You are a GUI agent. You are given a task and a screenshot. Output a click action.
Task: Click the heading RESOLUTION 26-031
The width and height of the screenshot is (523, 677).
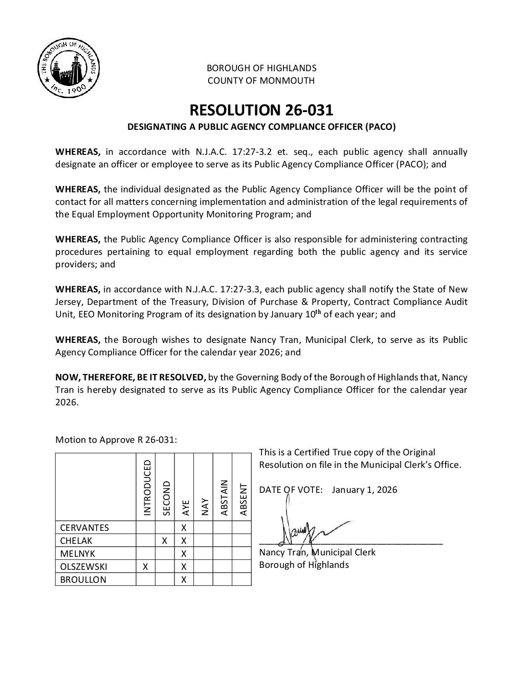[261, 110]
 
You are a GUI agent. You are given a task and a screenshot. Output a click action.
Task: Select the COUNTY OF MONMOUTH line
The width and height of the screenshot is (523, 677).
[261, 81]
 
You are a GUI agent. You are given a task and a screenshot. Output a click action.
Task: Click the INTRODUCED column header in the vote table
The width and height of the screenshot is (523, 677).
[146, 487]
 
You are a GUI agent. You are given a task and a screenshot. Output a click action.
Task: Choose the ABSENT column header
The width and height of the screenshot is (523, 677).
[242, 499]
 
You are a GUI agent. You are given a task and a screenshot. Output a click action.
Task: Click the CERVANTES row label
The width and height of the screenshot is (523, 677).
[84, 527]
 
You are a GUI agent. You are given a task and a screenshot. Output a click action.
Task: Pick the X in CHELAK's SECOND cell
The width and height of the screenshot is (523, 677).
[164, 540]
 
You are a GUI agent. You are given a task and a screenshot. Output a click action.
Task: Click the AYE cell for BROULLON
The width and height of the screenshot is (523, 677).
[184, 580]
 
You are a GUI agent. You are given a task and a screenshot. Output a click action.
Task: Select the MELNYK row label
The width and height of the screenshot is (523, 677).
[77, 554]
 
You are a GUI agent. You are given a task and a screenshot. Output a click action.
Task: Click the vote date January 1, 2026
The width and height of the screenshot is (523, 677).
[364, 490]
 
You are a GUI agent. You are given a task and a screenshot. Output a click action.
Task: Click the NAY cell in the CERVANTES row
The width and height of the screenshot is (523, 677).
[203, 527]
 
